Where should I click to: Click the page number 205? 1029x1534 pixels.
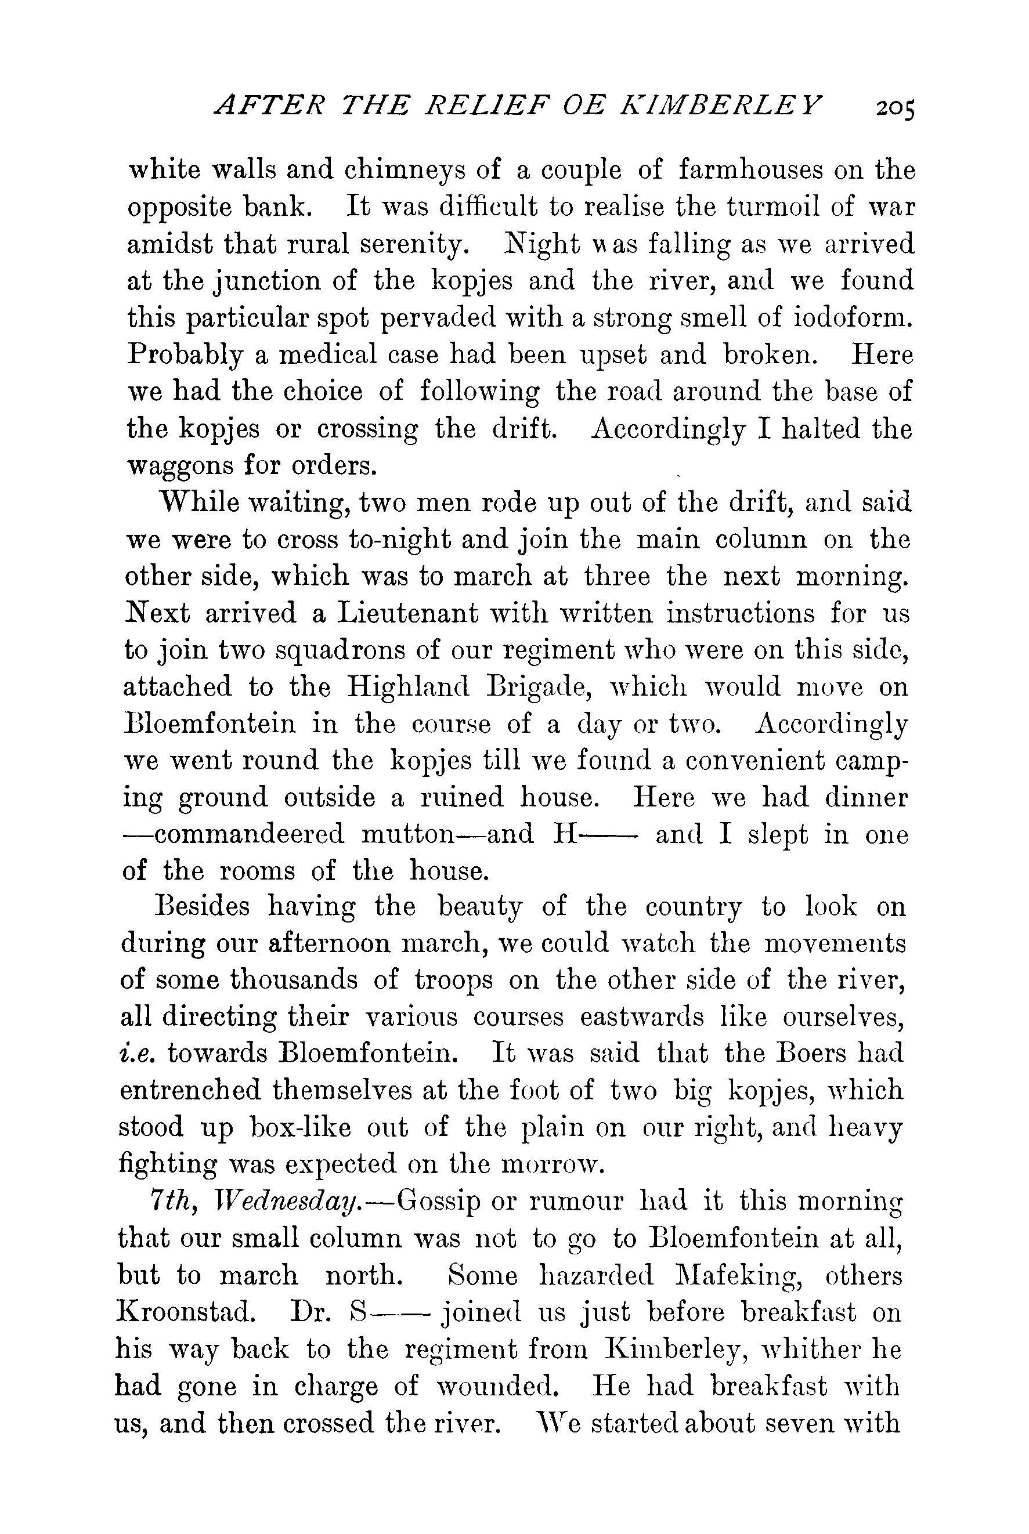point(895,107)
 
